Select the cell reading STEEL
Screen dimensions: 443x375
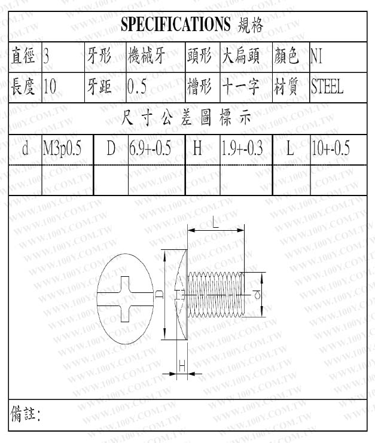327,87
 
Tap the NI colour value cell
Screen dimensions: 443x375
316,57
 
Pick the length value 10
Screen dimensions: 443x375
50,87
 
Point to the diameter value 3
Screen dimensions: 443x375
47,57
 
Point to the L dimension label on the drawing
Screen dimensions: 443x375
215,222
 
